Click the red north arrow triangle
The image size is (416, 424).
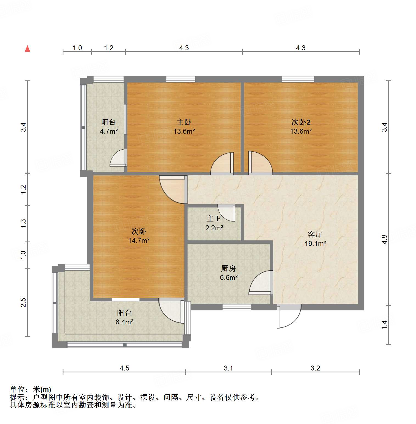coord(27,49)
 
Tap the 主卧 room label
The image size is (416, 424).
coord(184,122)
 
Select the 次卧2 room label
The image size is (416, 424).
coord(301,122)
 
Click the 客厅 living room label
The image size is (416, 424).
coord(315,234)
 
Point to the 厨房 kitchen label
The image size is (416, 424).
coord(228,268)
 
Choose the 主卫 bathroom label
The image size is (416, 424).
coord(214,218)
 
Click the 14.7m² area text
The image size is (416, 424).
coord(139,241)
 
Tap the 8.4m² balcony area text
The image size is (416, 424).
coord(124,322)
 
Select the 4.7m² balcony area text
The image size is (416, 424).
coord(109,131)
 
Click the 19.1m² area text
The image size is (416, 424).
coord(315,243)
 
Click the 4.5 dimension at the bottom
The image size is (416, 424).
coord(124,368)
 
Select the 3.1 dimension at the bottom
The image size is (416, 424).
coord(228,368)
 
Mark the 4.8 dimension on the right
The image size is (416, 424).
coord(384,239)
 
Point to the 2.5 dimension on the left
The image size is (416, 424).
coord(23,302)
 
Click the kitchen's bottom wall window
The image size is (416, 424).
coord(236,307)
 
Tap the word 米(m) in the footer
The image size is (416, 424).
coord(42,389)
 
